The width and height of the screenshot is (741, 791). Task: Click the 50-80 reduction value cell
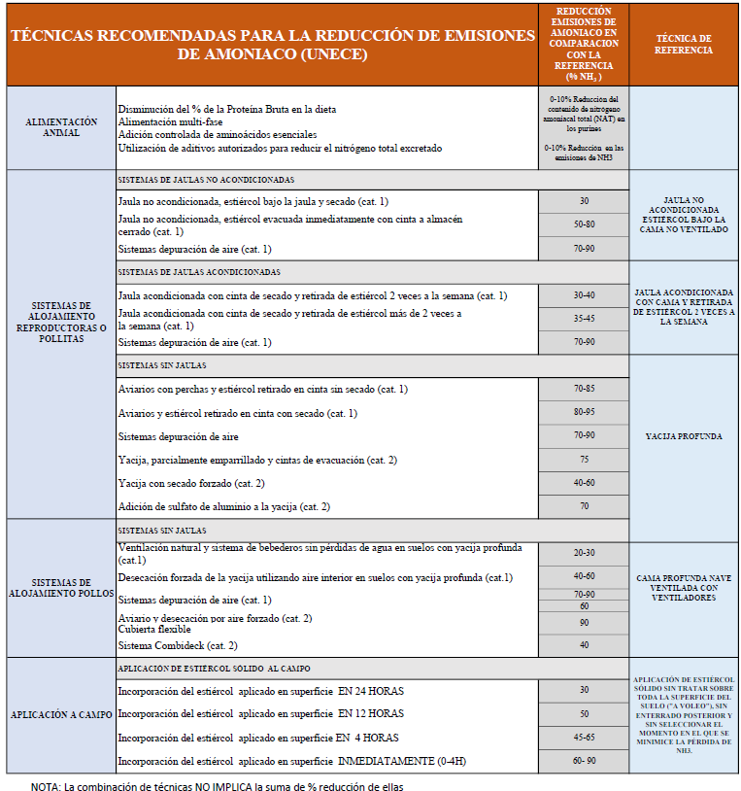[584, 224]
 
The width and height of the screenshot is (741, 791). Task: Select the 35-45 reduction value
[584, 318]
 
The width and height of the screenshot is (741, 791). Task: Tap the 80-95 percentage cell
[584, 412]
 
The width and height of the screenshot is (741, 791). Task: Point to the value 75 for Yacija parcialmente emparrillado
[584, 459]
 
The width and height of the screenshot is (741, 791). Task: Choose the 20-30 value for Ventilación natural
[584, 553]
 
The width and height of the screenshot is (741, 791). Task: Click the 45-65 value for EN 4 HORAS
[584, 737]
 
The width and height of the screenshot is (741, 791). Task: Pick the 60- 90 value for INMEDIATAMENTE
[584, 761]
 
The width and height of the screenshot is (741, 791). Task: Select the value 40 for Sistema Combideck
[584, 644]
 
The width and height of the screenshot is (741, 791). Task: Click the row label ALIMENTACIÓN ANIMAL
[61, 127]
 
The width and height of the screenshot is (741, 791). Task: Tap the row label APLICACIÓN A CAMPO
[61, 714]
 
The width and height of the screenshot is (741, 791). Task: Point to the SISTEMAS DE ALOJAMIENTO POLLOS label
[61, 586]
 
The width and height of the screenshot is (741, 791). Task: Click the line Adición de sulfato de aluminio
[223, 506]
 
